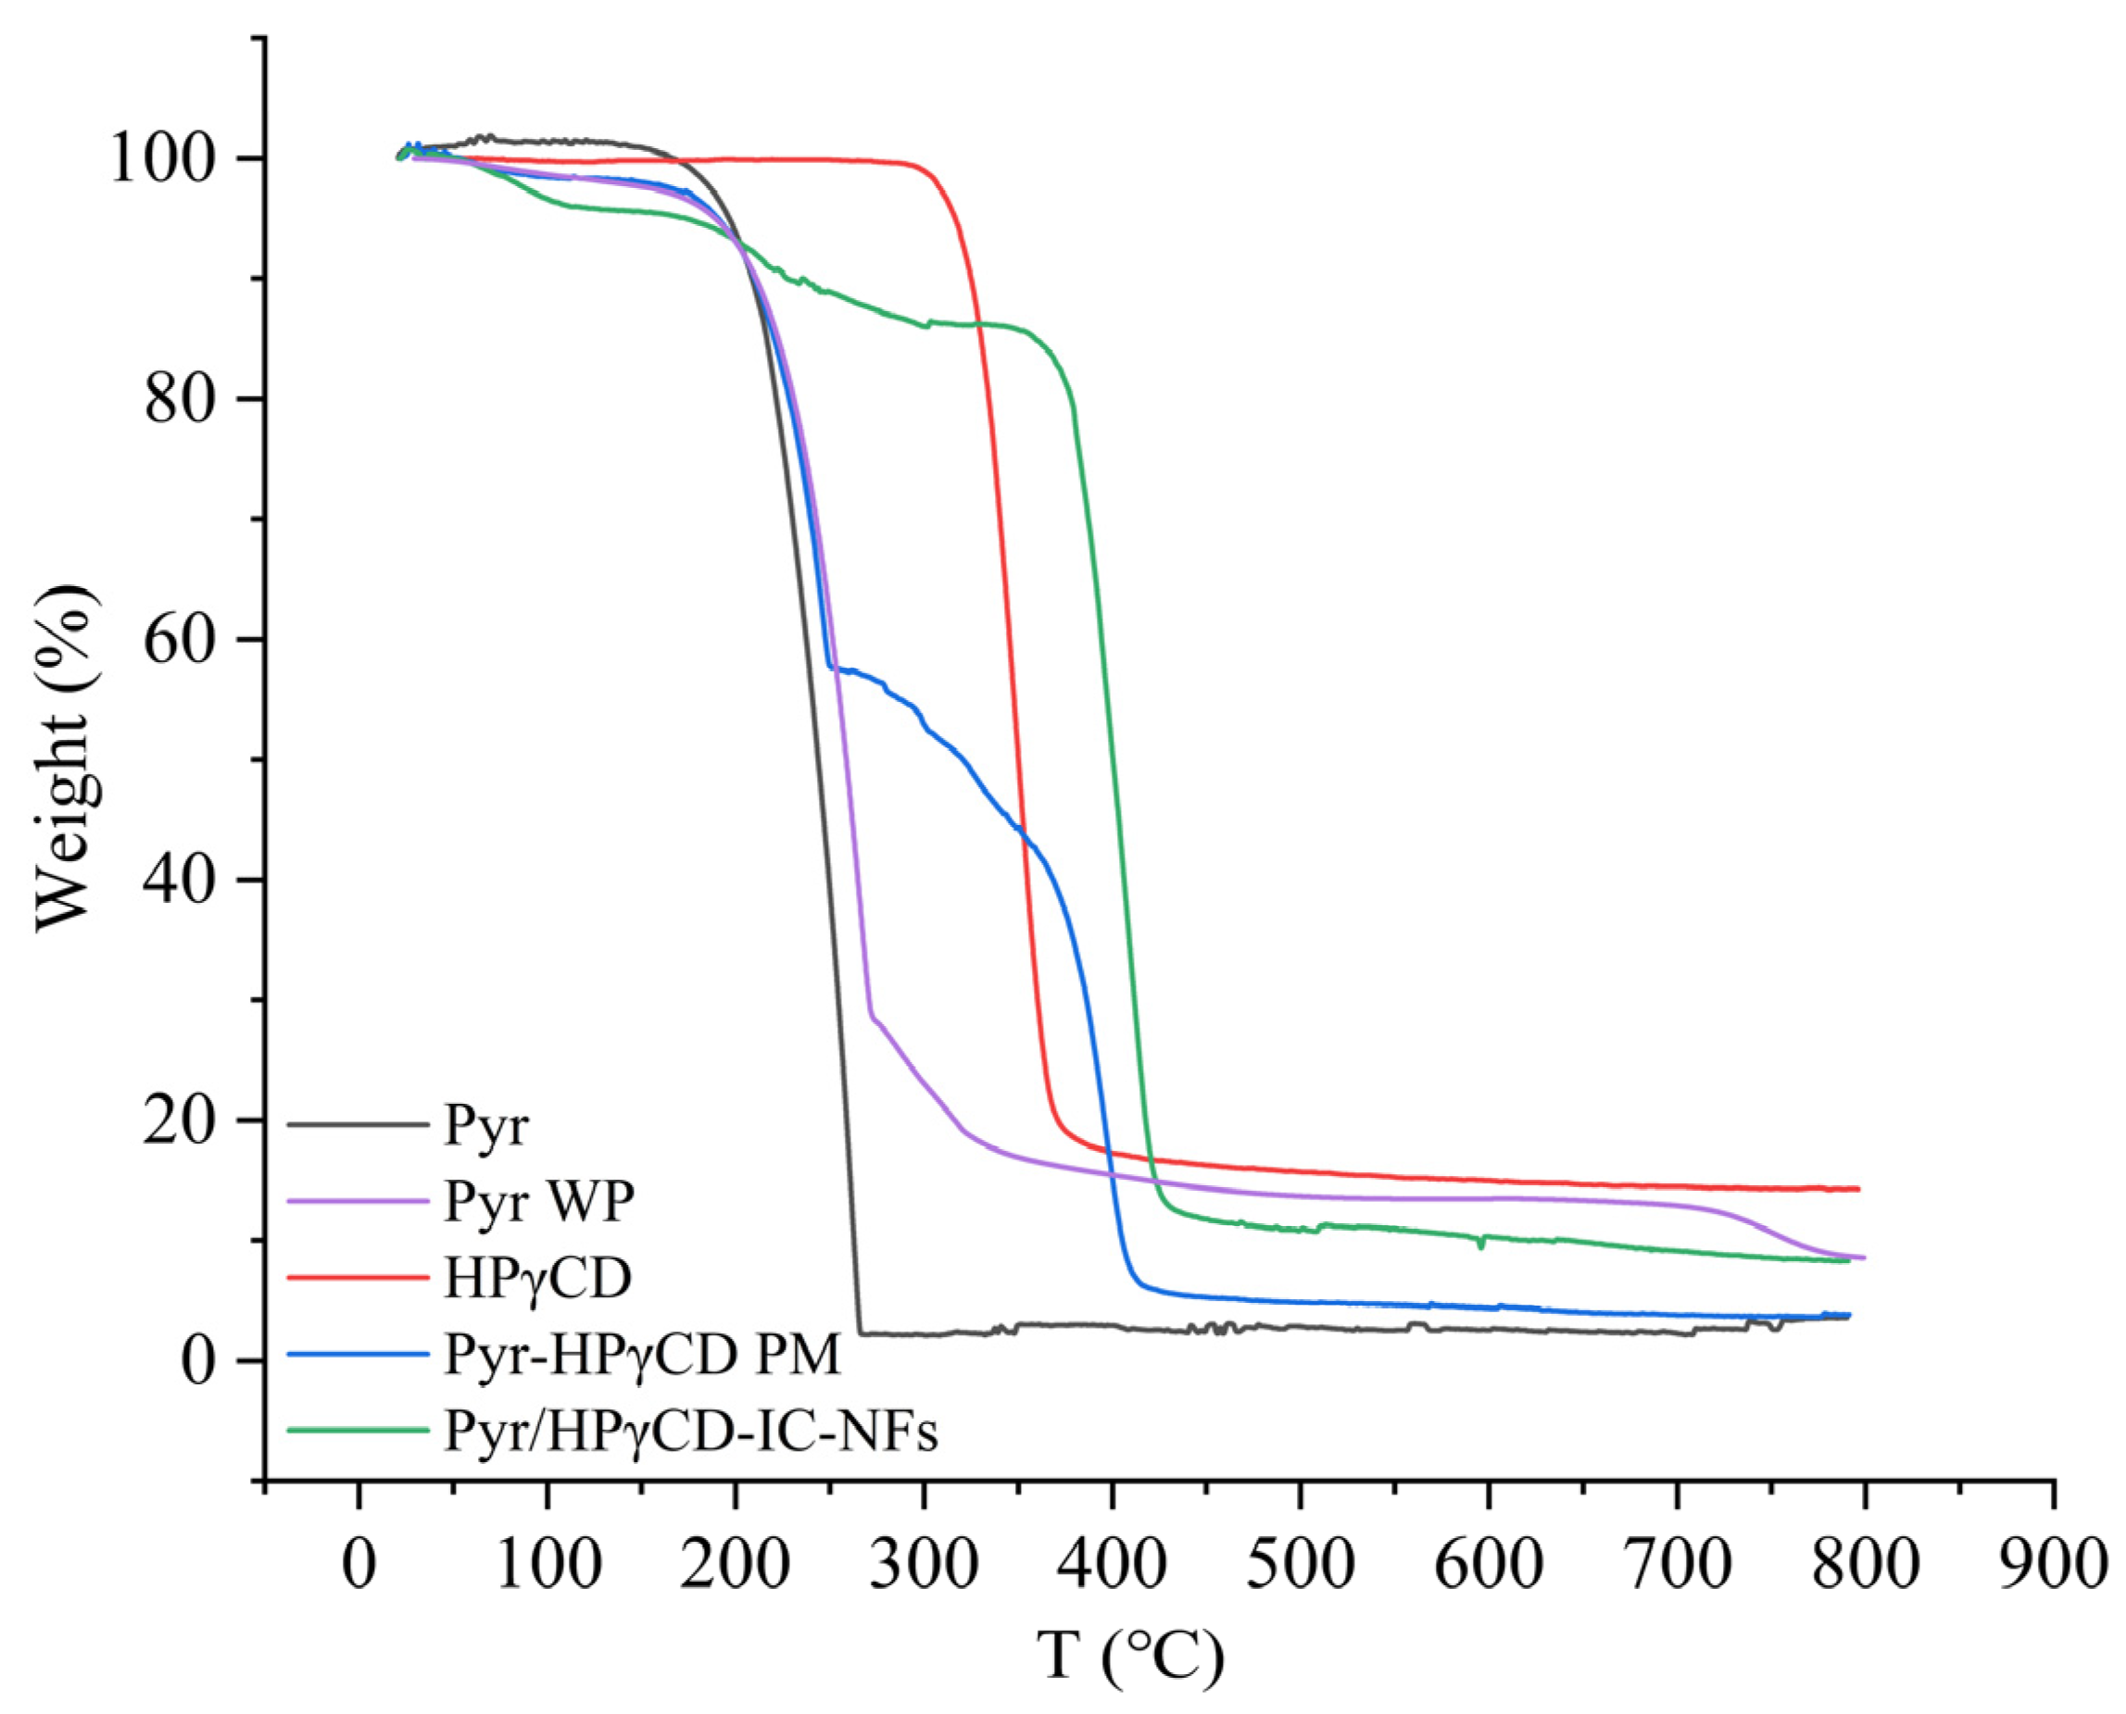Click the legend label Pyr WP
[538, 1201]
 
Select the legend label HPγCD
[537, 1278]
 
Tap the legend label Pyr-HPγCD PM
[642, 1354]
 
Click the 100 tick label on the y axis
[162, 159]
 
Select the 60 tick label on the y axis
[180, 640]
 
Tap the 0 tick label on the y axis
[197, 1361]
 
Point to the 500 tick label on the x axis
[1301, 1565]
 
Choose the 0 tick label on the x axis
[359, 1565]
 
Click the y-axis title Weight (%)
[65, 758]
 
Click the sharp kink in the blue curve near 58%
[828, 667]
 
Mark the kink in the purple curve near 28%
[870, 1014]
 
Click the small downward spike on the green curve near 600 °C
[1480, 1247]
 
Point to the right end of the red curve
[1858, 1189]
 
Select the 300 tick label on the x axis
[924, 1565]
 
